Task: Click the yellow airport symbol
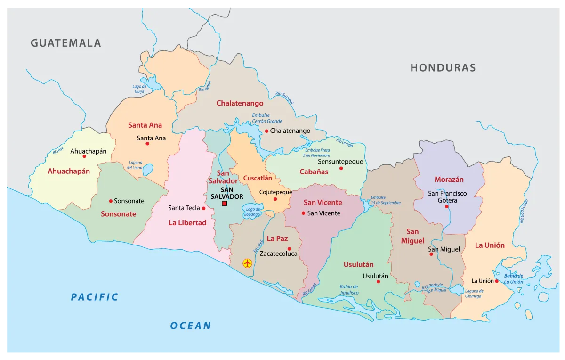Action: tap(247, 263)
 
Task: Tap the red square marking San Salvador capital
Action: tap(225, 204)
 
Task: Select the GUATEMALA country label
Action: tap(66, 43)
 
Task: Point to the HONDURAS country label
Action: tap(443, 68)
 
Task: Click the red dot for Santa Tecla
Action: tap(204, 208)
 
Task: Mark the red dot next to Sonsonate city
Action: tap(111, 201)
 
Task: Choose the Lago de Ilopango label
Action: tap(253, 212)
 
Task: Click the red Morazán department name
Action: tap(449, 180)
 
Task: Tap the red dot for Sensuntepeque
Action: tap(341, 168)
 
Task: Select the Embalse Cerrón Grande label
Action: tap(267, 118)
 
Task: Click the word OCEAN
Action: tap(190, 326)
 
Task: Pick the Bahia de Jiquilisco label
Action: tap(349, 290)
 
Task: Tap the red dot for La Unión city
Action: tap(497, 281)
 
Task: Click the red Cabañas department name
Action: tap(314, 172)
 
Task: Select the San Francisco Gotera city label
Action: tap(447, 197)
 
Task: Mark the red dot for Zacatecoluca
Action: tap(289, 249)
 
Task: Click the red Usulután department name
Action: tap(358, 264)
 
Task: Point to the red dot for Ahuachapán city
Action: tap(84, 156)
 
